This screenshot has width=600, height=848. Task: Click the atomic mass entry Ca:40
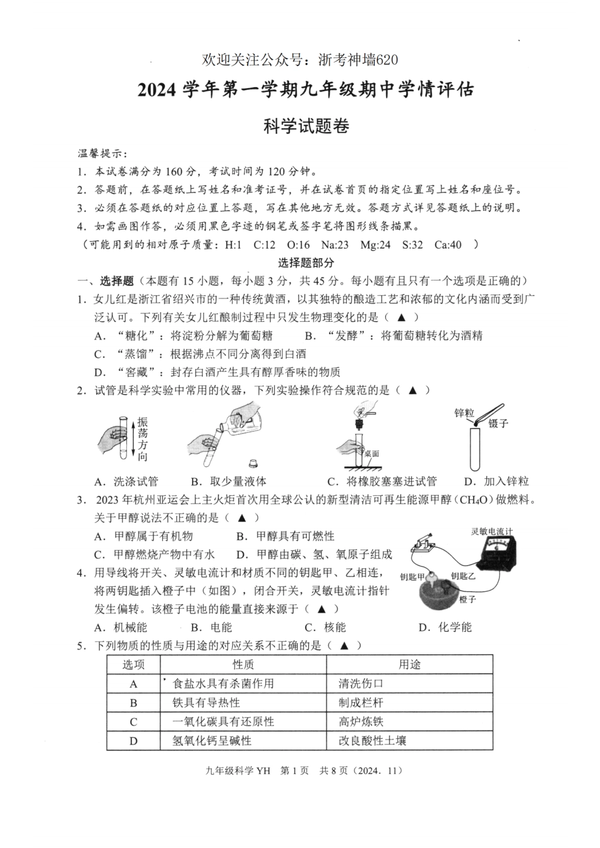pos(448,245)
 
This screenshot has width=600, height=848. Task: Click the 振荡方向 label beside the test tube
pos(143,439)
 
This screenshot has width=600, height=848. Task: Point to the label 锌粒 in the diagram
pos(464,413)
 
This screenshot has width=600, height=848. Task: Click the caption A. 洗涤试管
pos(126,481)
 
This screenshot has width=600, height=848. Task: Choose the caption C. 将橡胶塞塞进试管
pos(382,481)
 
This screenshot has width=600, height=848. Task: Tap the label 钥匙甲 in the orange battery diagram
pos(412,576)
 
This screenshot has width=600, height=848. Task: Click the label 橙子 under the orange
pos(468,599)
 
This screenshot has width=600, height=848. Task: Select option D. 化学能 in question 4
pos(445,627)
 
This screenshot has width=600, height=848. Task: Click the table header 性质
pos(243,664)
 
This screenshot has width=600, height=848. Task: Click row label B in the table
pos(133,702)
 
